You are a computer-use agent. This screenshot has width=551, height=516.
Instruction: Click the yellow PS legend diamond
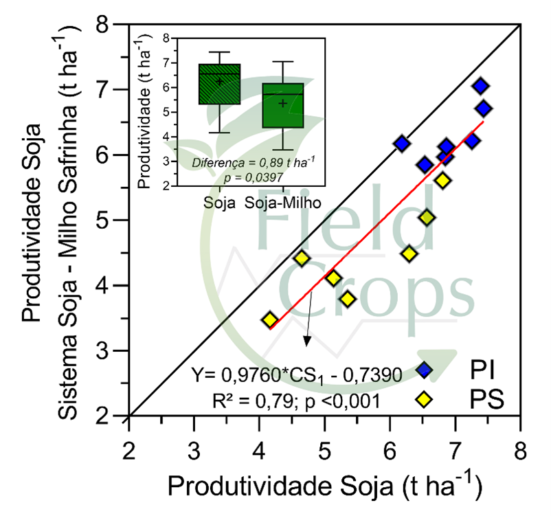coord(425,399)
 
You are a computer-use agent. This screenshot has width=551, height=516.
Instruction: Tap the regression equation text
coord(298,375)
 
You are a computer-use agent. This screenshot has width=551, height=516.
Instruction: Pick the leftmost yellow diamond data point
coord(270,320)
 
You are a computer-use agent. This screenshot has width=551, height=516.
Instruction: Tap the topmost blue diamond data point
coord(481,86)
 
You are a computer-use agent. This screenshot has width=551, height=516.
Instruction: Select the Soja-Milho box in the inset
coord(282,105)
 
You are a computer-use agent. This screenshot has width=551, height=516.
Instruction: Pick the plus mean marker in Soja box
coord(219,82)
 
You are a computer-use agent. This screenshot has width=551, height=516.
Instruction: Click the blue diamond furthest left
coord(401,144)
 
